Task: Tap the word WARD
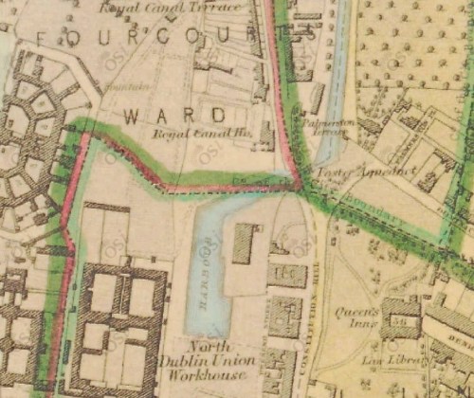coord(176,116)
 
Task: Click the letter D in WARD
coord(219,116)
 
